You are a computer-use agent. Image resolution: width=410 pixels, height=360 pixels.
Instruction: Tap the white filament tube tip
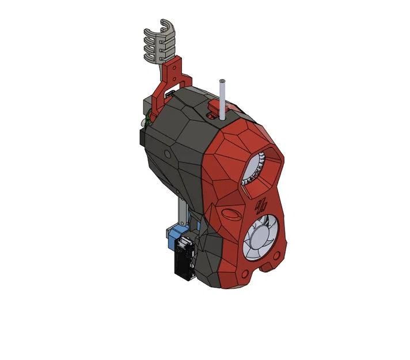pyautogui.click(x=222, y=82)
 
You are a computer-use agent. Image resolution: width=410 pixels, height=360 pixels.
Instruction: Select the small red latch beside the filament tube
pyautogui.click(x=214, y=106)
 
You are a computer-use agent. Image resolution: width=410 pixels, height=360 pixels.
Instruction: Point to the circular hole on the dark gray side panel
pyautogui.click(x=168, y=154)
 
